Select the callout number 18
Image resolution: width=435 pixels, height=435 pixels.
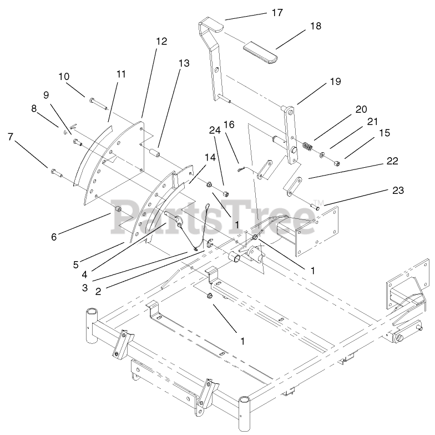coord(316,26)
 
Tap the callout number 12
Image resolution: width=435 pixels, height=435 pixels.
coord(161,41)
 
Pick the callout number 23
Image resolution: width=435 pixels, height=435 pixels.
coord(397,191)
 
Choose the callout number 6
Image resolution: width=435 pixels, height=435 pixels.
coord(53,236)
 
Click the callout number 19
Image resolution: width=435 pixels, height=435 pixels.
coord(335,82)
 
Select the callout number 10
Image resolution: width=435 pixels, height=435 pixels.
coord(64,76)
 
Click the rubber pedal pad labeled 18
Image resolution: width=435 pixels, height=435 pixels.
coord(260,51)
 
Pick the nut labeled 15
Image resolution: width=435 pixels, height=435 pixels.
coord(337,163)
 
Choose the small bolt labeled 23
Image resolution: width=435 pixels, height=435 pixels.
coord(315,207)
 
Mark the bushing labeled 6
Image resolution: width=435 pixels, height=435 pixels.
coord(118,209)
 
